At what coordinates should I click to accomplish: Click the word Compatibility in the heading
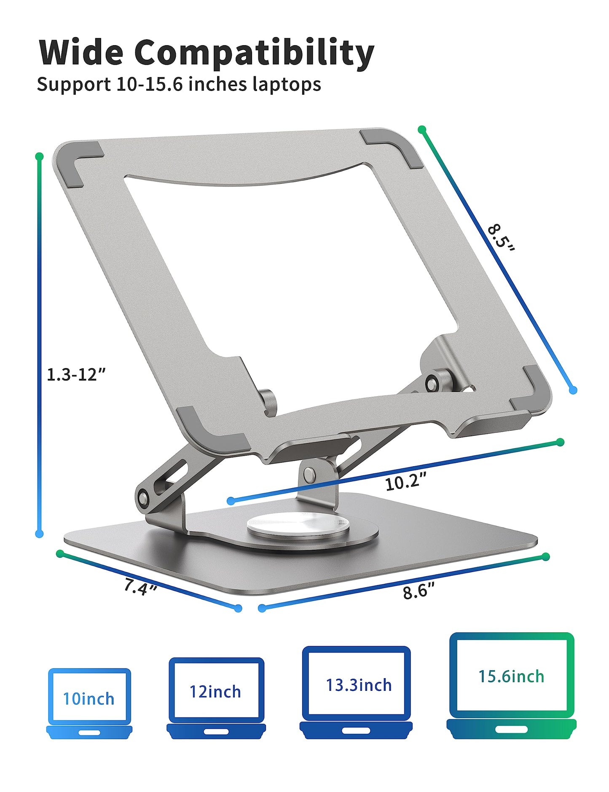[x=254, y=52]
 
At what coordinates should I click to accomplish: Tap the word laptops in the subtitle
[x=287, y=84]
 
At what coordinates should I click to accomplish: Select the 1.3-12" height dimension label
[x=76, y=374]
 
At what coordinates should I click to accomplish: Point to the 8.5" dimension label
[x=501, y=239]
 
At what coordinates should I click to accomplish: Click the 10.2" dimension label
[x=405, y=481]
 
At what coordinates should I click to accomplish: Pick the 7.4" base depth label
[x=140, y=586]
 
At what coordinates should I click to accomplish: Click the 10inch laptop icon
[x=89, y=703]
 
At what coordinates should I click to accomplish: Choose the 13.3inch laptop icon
[x=356, y=692]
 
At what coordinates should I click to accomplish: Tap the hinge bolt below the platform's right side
[x=432, y=384]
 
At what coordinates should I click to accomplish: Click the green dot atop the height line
[x=40, y=156]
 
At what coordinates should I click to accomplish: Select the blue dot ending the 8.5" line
[x=572, y=391]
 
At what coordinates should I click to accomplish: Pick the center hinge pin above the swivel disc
[x=309, y=475]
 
